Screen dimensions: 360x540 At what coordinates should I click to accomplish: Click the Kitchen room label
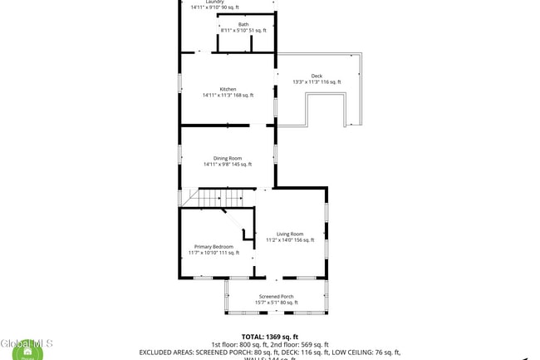(x=228, y=89)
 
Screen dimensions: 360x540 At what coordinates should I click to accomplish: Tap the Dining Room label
(x=227, y=158)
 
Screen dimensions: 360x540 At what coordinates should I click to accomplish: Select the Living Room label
(x=290, y=234)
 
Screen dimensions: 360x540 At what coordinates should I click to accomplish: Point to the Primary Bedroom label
(x=214, y=246)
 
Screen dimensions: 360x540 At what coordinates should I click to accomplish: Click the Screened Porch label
(x=276, y=296)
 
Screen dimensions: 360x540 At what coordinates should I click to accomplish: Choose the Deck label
(x=317, y=76)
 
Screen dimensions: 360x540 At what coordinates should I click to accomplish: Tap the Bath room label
(x=243, y=24)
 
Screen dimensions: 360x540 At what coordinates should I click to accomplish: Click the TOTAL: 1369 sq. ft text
(x=270, y=337)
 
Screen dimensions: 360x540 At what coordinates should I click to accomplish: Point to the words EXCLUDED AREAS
(x=165, y=352)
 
